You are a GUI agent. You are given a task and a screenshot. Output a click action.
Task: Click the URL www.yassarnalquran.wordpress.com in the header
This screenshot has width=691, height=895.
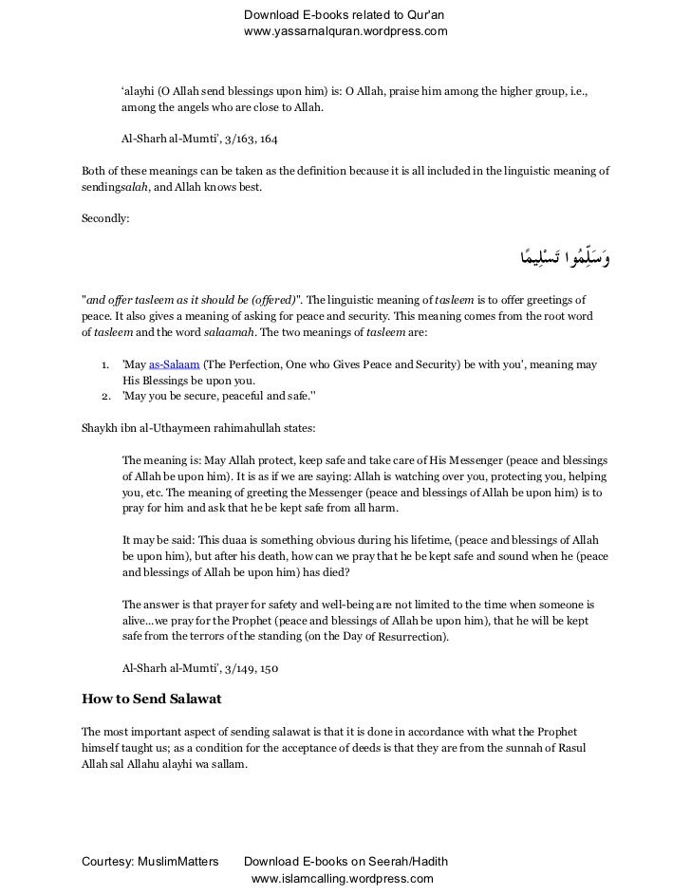[x=345, y=32]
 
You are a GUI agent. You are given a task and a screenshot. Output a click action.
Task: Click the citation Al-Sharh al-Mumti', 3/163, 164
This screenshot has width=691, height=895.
[x=200, y=139]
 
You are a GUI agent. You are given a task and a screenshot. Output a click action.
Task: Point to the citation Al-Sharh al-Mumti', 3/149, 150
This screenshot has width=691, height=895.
[x=200, y=668]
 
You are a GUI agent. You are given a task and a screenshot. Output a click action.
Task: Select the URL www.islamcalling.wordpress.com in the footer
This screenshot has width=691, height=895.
[x=342, y=879]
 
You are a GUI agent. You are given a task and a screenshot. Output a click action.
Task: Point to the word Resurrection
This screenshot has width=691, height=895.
[x=410, y=638]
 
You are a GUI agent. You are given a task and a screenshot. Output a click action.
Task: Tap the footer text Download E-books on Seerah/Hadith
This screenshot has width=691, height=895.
[x=345, y=862]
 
